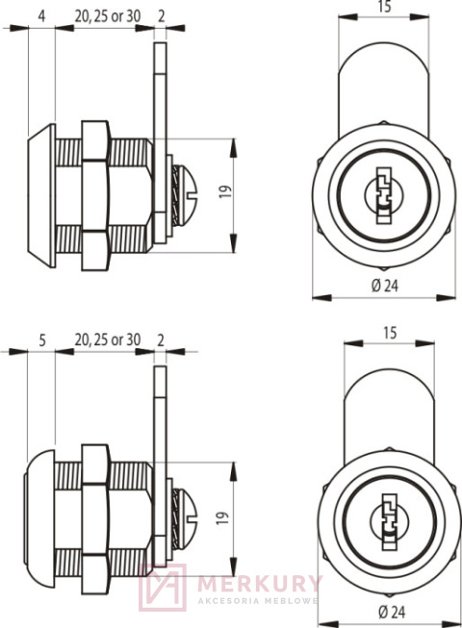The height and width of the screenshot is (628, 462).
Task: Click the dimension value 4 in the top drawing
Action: click(x=42, y=15)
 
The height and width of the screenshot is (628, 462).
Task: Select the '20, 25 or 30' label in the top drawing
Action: click(x=107, y=15)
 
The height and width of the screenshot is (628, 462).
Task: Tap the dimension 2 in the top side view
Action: click(x=160, y=15)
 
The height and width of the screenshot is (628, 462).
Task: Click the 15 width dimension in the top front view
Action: click(x=383, y=7)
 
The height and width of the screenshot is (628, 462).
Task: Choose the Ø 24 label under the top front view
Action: click(x=383, y=286)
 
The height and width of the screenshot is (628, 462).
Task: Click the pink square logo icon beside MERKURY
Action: click(x=162, y=587)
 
